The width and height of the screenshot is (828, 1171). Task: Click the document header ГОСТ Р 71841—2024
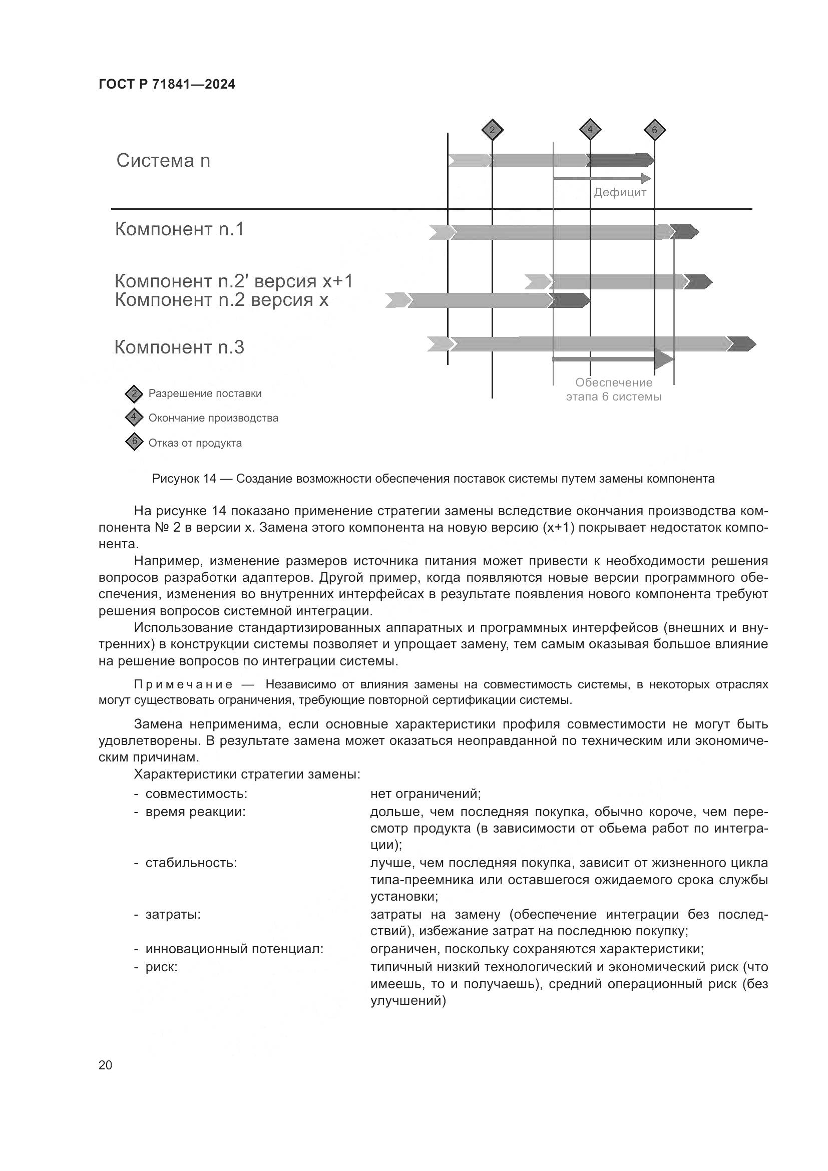[x=167, y=85]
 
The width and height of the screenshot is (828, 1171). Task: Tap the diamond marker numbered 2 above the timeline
[x=492, y=130]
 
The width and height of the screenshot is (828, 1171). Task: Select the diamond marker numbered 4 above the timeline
[x=590, y=130]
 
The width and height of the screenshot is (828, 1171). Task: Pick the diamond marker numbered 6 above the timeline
[x=655, y=130]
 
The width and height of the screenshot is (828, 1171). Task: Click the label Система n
[x=163, y=161]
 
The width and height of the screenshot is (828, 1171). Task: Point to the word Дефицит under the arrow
[x=620, y=193]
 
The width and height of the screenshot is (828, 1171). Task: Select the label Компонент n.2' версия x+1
[x=233, y=281]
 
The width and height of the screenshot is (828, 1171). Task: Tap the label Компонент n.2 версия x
[x=221, y=300]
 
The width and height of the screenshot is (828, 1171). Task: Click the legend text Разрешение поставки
[x=205, y=394]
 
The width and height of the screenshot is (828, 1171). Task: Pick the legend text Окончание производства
[x=213, y=418]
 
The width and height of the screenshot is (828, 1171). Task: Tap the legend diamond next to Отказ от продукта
[x=134, y=442]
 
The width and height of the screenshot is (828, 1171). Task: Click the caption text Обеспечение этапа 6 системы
[x=613, y=389]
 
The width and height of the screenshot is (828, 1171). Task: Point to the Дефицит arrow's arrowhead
[x=647, y=179]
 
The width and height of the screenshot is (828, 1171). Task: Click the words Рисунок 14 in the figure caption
[x=184, y=479]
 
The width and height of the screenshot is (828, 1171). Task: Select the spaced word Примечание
[x=184, y=684]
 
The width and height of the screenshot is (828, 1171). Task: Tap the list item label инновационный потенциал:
[x=234, y=949]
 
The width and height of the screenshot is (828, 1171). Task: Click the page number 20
[x=106, y=1065]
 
